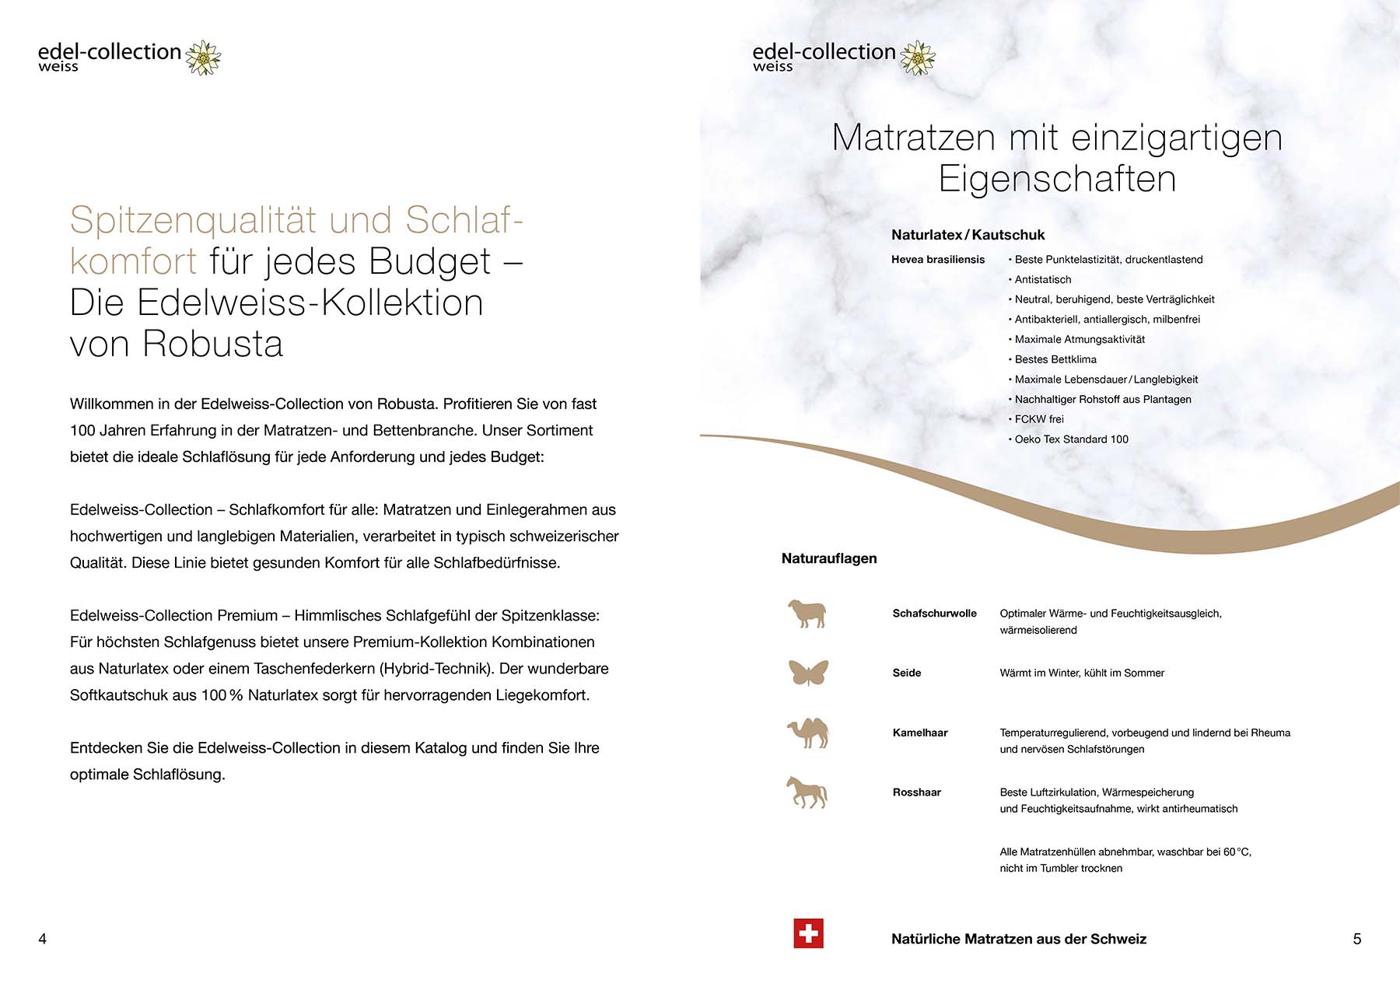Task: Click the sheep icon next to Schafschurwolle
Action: tap(807, 614)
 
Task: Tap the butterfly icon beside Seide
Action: tap(808, 673)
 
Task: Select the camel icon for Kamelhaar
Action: tap(808, 733)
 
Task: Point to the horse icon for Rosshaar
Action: tap(807, 792)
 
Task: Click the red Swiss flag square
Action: tap(808, 933)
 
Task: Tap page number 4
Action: tap(43, 939)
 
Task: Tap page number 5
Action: tap(1357, 939)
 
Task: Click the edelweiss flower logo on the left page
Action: tap(204, 58)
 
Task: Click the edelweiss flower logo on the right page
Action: tap(919, 58)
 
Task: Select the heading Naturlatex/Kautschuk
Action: tap(968, 235)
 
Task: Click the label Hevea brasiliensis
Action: tap(938, 260)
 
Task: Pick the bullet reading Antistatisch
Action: tap(1042, 280)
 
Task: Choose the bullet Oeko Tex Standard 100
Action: tap(1071, 439)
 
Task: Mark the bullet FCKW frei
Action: tap(1038, 419)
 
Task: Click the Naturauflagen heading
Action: tap(829, 558)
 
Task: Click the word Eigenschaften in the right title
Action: tap(1057, 179)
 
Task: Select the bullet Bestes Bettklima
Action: tap(1055, 359)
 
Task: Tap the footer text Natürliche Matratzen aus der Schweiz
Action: tap(1019, 939)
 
